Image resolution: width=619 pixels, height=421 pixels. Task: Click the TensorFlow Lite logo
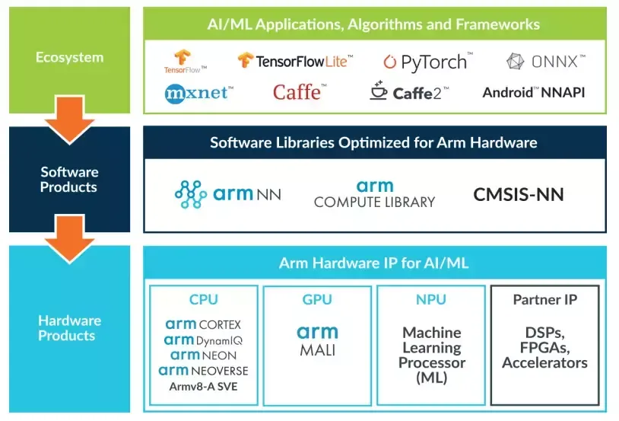click(292, 61)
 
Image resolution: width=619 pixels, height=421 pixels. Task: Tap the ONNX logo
click(545, 61)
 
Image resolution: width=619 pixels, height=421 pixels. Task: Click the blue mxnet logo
click(198, 93)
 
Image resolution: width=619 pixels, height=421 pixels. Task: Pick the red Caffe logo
click(300, 93)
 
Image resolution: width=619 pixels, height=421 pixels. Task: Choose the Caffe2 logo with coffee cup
click(409, 92)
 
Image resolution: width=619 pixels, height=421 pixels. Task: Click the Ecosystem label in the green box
click(69, 58)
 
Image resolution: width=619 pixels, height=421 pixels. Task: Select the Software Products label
click(69, 180)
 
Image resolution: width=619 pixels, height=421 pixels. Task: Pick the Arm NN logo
click(227, 194)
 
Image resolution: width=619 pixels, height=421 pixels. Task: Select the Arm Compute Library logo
click(374, 194)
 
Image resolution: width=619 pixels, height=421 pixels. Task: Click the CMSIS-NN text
click(519, 194)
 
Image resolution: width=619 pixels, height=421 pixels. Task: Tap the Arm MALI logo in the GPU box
click(317, 340)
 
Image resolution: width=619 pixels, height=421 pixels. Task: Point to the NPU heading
click(431, 300)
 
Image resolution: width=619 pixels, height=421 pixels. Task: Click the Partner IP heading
click(544, 300)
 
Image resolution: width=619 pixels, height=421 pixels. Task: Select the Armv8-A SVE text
click(203, 386)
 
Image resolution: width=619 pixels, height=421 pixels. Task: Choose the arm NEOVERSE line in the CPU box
click(203, 371)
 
